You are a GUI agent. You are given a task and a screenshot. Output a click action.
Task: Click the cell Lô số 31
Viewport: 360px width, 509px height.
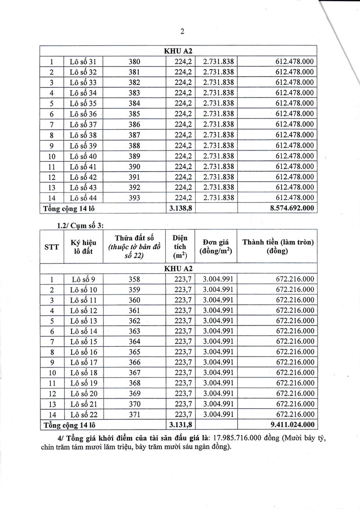(x=83, y=62)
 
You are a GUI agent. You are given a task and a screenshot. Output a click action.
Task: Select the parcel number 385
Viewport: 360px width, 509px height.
(x=134, y=113)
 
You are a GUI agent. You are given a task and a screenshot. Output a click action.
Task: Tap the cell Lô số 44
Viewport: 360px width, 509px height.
(x=83, y=198)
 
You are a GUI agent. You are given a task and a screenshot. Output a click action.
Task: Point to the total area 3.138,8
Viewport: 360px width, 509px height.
(x=180, y=209)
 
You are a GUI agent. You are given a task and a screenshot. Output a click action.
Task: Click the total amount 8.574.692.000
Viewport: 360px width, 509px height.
(x=292, y=209)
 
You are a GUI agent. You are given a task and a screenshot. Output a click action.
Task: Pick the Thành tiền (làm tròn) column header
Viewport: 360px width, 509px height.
(x=278, y=246)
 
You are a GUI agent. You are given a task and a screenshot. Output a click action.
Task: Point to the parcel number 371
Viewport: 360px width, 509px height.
(x=134, y=414)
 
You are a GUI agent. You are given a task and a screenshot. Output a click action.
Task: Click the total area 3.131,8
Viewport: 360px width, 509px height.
(x=180, y=424)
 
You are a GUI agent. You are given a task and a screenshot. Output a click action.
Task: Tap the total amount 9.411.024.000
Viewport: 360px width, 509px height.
(x=292, y=424)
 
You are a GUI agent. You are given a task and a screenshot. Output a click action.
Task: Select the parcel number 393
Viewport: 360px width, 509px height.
(x=134, y=198)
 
